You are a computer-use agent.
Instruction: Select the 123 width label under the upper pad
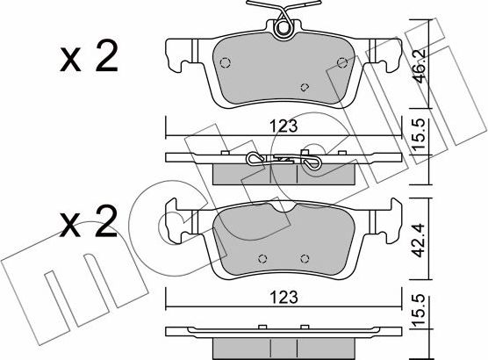(283, 126)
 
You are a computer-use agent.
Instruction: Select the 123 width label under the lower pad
(283, 297)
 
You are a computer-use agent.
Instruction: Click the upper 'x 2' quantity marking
(89, 57)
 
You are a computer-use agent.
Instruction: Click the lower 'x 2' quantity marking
(89, 220)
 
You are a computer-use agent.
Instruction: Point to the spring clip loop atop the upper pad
(283, 28)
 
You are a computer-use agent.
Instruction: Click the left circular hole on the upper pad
(225, 62)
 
